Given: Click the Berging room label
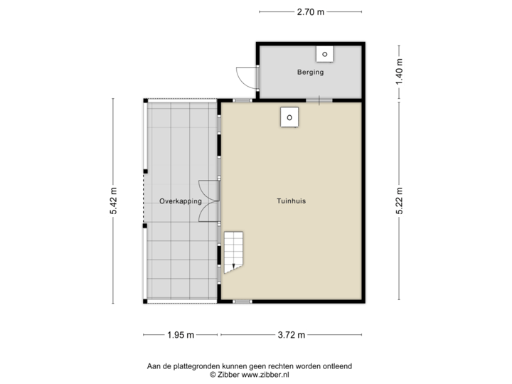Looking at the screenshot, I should coord(310,73).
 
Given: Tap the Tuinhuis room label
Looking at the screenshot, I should coord(292,201).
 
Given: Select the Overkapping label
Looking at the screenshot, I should coord(181,201).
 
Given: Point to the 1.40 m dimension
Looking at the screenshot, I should coord(399,71).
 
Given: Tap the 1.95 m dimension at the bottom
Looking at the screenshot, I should coord(181,334).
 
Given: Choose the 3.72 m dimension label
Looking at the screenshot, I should coord(292,334).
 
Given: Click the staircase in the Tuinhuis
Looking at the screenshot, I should coord(233,252).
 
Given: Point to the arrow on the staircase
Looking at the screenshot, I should coord(232,267).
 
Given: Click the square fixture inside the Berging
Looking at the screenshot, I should coord(325,53).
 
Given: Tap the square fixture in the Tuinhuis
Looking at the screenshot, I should coord(289,117).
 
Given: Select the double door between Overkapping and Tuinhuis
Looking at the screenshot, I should coord(209,201).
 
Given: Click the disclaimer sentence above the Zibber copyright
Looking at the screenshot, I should coord(249,366).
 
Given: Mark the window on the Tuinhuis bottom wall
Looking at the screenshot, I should coord(242,302).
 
